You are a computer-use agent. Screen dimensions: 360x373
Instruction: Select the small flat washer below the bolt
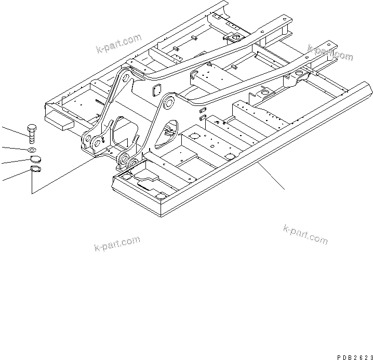point(32,150)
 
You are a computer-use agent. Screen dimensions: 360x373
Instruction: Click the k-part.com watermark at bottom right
point(305,234)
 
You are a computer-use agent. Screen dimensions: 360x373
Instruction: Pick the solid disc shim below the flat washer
point(32,160)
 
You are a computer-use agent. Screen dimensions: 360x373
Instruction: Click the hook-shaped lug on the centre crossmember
point(196,76)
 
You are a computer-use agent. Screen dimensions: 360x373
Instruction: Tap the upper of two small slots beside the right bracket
point(203,110)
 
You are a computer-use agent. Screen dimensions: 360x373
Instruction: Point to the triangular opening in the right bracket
point(168,132)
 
